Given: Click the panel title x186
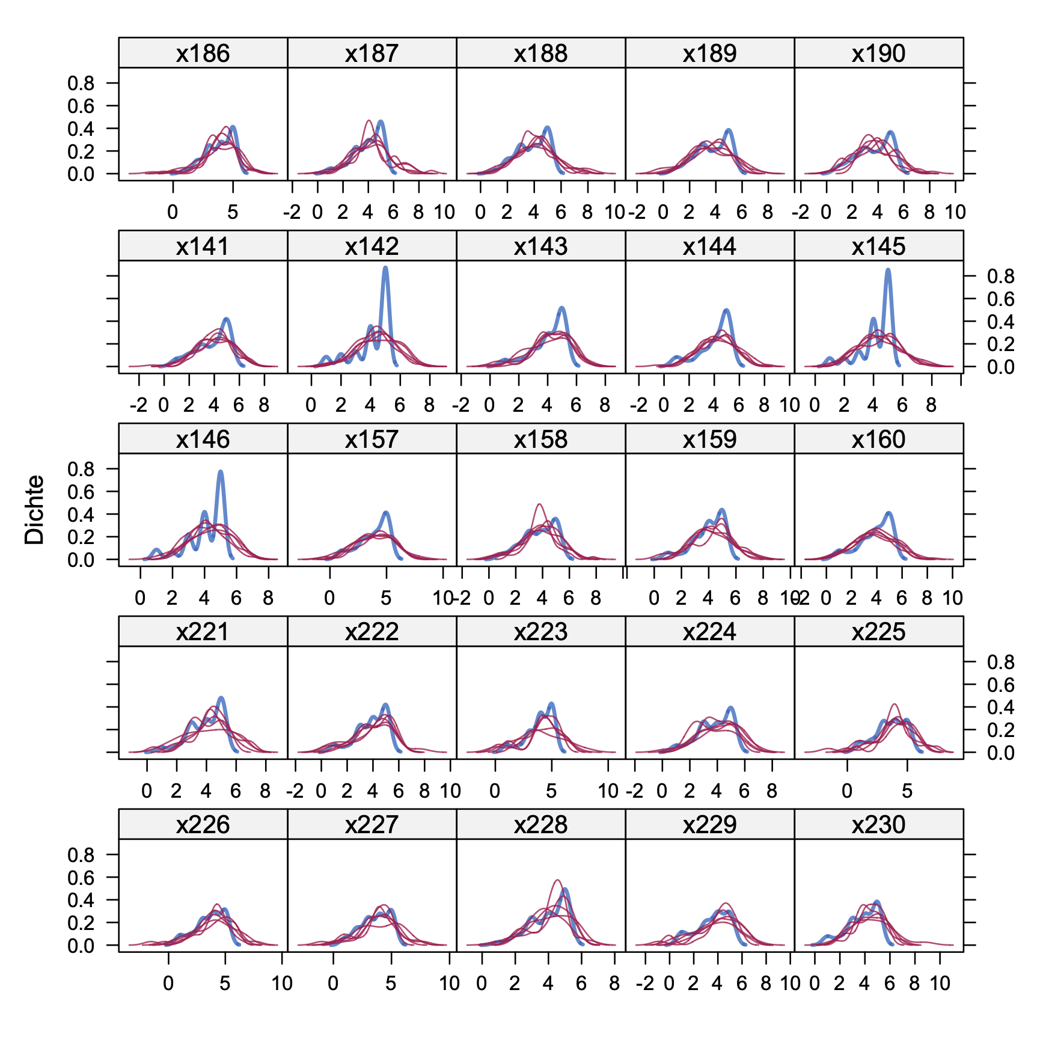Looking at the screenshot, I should coord(203,54).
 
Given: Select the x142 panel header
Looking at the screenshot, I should coord(372,246).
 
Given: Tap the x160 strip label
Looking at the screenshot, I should coord(878,439).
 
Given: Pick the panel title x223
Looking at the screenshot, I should coord(540,632).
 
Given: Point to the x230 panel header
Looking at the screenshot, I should coord(878,824).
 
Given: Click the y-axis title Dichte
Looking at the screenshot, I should coord(35,510).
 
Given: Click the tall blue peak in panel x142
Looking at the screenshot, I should coord(385,268).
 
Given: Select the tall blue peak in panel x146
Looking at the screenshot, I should coord(221,472).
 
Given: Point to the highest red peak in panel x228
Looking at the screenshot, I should coord(557,881).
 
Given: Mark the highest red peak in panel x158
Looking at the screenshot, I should coord(539,504).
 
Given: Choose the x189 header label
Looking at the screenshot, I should coord(709,54).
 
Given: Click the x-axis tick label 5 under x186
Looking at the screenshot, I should coord(233,212).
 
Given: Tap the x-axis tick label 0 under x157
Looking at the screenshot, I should coord(329,598).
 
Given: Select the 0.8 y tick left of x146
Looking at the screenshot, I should coord(81,469).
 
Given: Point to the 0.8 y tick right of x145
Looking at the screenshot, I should coord(1000,277).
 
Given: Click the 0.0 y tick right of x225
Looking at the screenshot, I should coord(1000,753).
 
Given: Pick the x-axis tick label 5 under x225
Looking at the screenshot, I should coord(907,791).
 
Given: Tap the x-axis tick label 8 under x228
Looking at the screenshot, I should coord(614,983).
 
